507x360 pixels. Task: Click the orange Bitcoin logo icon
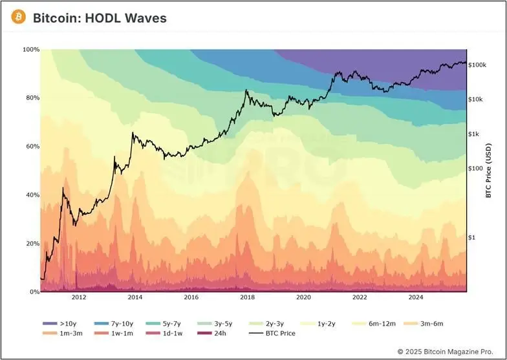[19, 17]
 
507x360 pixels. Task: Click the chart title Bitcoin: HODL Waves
[100, 18]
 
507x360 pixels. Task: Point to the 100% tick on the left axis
[30, 50]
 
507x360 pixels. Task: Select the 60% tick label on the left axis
[32, 147]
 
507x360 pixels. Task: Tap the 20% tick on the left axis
[32, 244]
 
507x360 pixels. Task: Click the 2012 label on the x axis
[79, 298]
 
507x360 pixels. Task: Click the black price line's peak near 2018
[246, 90]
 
